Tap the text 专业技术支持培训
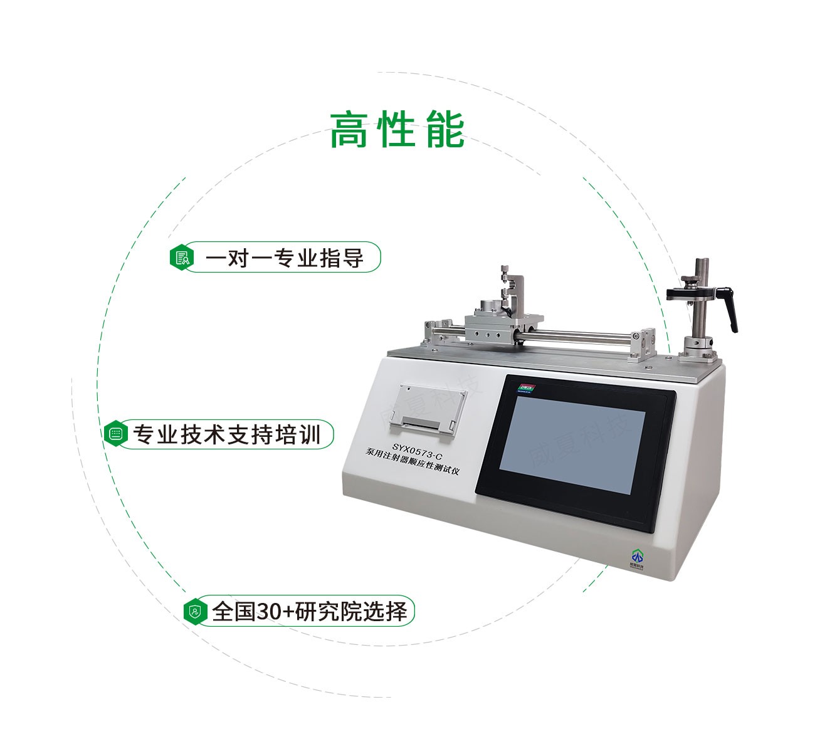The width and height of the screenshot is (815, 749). [226, 434]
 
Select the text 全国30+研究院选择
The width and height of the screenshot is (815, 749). [310, 610]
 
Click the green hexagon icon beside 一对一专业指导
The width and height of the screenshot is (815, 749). [181, 257]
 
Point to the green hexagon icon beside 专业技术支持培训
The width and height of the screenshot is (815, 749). [115, 434]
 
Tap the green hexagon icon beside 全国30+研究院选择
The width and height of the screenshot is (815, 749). [196, 610]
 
